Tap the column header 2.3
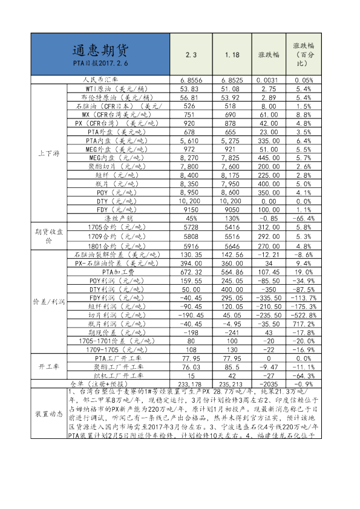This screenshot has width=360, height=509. [191, 55]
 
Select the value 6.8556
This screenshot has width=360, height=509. [191, 80]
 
